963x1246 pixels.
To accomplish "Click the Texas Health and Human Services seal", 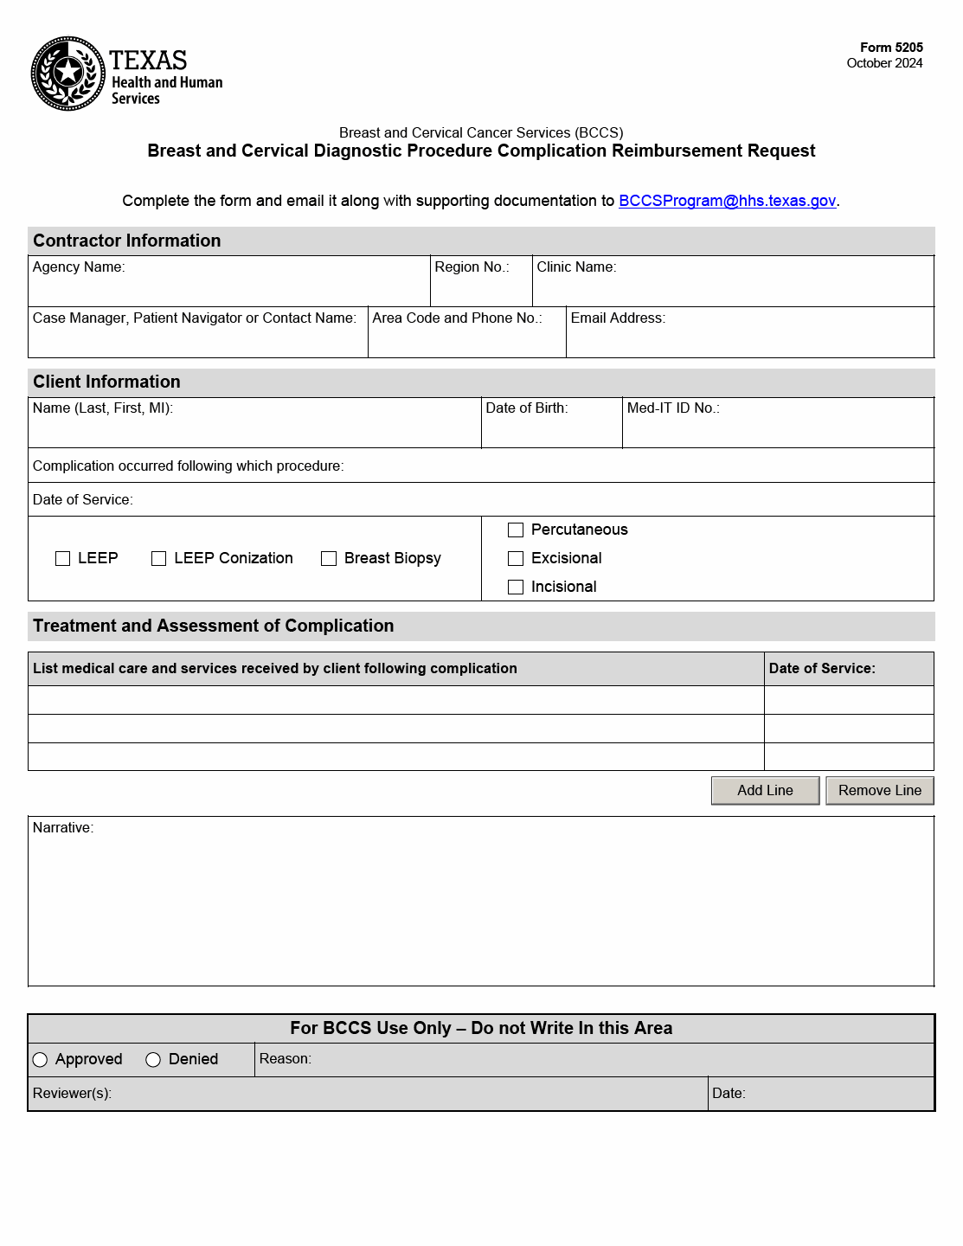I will click(x=68, y=74).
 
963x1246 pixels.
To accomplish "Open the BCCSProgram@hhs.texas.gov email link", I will click(x=727, y=201).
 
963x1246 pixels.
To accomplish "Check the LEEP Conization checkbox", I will click(x=159, y=559).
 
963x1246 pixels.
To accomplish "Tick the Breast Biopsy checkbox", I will click(x=329, y=559).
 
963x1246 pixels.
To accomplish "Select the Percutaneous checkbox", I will click(x=516, y=530).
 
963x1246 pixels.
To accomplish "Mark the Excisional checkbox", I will click(x=516, y=559).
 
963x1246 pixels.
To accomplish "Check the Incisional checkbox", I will click(x=516, y=588).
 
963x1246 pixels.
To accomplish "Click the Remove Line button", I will click(x=879, y=791).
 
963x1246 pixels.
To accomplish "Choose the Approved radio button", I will click(x=41, y=1060).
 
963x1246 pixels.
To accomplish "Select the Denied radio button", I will click(x=154, y=1060).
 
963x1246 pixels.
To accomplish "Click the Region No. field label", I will click(x=472, y=267).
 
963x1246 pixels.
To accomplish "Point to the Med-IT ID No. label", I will click(x=673, y=408).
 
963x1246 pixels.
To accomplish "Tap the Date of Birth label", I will click(x=526, y=408).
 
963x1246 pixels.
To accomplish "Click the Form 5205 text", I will click(x=891, y=48).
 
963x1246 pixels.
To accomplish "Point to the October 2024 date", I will click(x=884, y=63).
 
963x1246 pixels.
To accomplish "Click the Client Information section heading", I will click(x=106, y=382).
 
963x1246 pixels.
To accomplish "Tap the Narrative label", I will click(x=63, y=828).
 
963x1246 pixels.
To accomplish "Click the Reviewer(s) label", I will click(x=72, y=1094).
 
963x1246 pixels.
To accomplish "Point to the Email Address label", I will click(x=618, y=318).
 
